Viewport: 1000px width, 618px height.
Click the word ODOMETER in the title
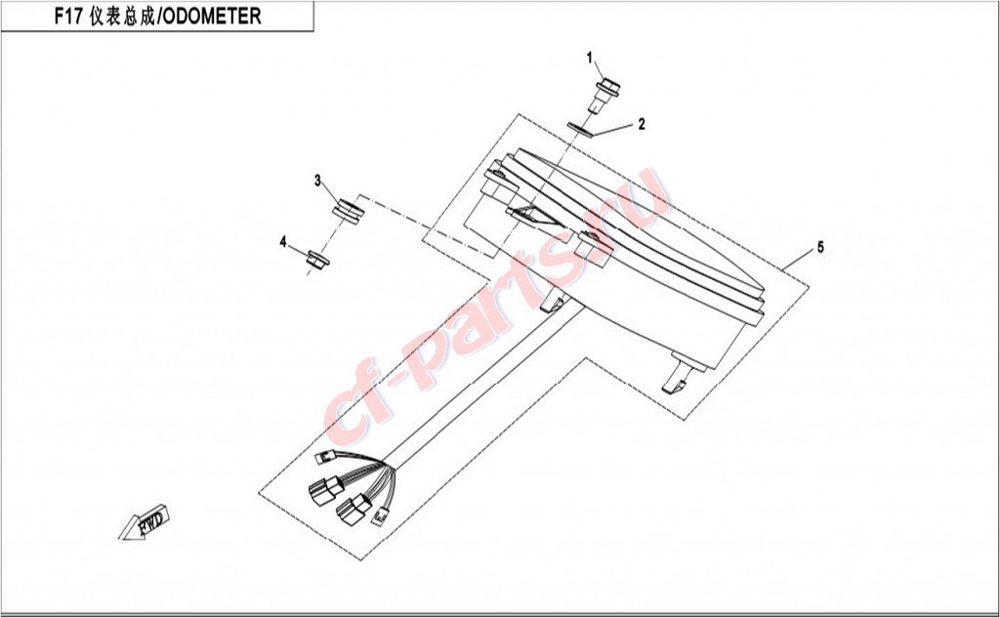click(x=210, y=16)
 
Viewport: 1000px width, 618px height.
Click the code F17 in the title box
click(x=68, y=16)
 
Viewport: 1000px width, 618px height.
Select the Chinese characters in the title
click(x=122, y=17)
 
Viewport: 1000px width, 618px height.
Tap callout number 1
click(x=590, y=58)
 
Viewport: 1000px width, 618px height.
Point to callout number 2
click(x=642, y=124)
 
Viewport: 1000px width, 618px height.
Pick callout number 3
click(x=317, y=182)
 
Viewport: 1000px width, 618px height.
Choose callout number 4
click(x=283, y=242)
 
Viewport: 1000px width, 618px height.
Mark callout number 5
click(x=820, y=247)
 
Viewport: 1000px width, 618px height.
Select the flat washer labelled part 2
click(x=581, y=130)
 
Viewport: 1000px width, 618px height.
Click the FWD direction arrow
click(x=146, y=522)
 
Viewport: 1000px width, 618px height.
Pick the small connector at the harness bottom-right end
click(x=380, y=516)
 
